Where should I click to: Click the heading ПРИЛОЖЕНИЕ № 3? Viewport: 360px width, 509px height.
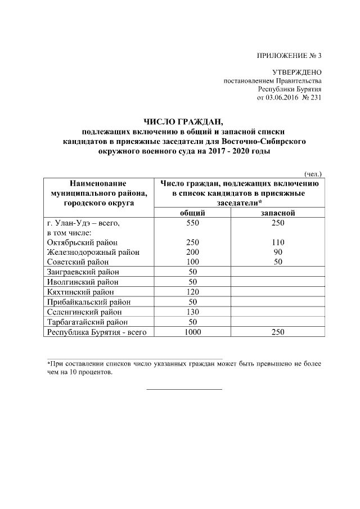(x=289, y=55)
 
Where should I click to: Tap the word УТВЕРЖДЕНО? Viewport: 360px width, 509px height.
(x=296, y=73)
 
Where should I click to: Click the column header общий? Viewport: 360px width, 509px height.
(x=192, y=213)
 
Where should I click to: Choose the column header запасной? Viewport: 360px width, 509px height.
(x=278, y=213)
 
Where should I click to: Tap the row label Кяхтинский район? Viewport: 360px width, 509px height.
(x=80, y=292)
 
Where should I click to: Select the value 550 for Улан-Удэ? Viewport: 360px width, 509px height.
(x=192, y=222)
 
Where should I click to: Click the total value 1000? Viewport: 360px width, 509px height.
(x=192, y=332)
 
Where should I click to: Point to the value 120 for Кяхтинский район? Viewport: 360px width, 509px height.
(x=192, y=292)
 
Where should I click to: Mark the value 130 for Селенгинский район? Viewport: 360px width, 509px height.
(x=192, y=312)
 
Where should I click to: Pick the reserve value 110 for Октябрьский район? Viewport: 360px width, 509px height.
(x=278, y=242)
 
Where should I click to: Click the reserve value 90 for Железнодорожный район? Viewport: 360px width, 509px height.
(x=278, y=252)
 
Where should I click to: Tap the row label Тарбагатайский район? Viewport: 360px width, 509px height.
(x=88, y=322)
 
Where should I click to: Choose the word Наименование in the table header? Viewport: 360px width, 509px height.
(x=98, y=183)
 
